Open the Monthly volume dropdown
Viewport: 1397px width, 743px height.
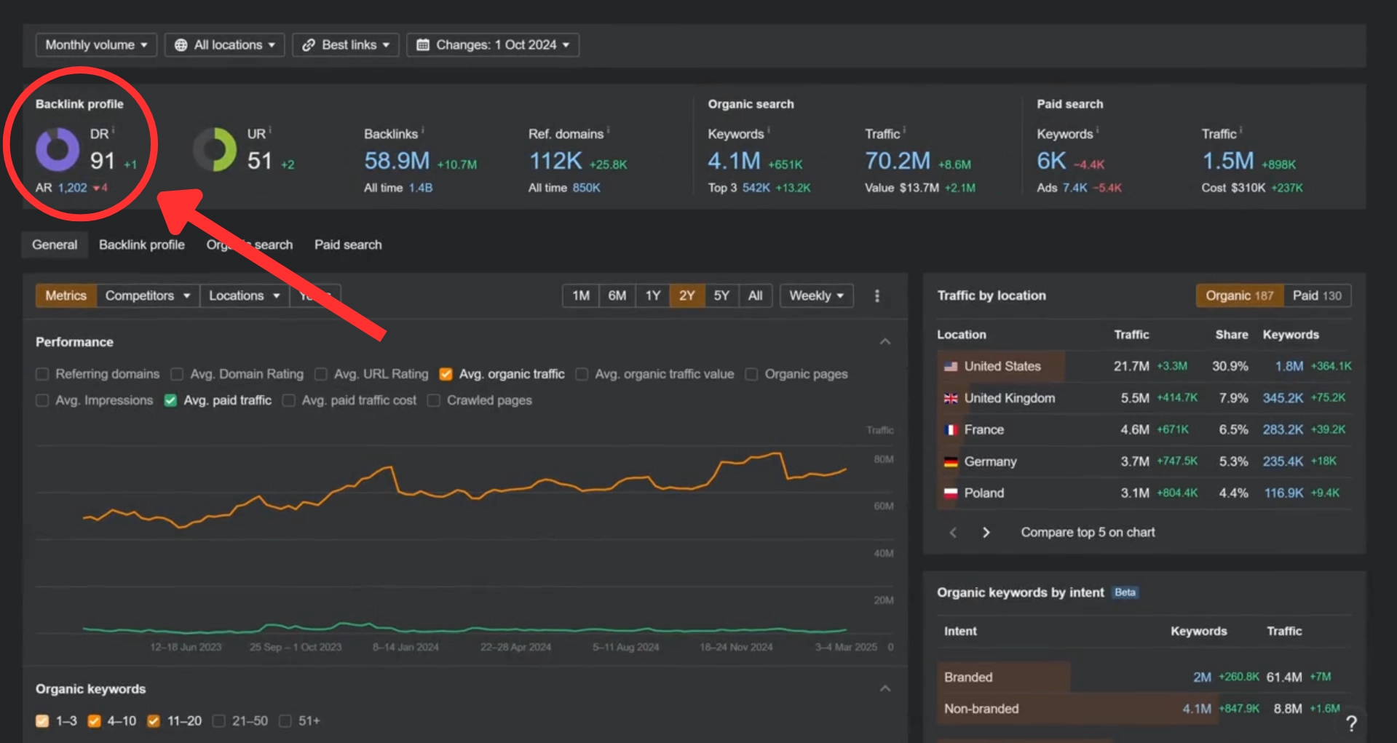[x=96, y=45]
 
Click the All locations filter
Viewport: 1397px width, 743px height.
[x=225, y=45]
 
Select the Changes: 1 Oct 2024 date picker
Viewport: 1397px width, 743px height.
[x=493, y=45]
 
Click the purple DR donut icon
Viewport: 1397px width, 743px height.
[x=58, y=149]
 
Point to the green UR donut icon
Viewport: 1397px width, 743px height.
[x=215, y=149]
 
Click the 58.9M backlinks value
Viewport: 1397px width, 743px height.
[x=397, y=161]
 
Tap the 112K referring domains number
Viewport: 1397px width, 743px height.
[x=555, y=161]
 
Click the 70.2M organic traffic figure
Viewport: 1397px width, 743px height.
[x=898, y=161]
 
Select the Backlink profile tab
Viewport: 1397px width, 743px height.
[x=142, y=245]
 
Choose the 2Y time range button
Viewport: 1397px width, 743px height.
[x=686, y=295]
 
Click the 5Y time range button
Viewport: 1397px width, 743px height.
[x=721, y=295]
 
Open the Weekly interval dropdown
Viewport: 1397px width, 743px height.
[x=816, y=295]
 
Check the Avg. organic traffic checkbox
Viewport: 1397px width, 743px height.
[x=446, y=374]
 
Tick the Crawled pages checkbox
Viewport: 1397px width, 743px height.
[x=434, y=400]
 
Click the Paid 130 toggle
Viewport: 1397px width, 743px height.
[x=1316, y=295]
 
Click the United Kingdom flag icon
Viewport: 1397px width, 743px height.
[x=951, y=399]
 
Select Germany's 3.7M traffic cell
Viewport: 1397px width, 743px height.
[x=1135, y=461]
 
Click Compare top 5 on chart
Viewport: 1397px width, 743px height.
[x=1088, y=533]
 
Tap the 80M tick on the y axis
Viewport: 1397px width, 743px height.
[x=883, y=459]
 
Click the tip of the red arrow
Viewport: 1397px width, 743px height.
[x=162, y=194]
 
